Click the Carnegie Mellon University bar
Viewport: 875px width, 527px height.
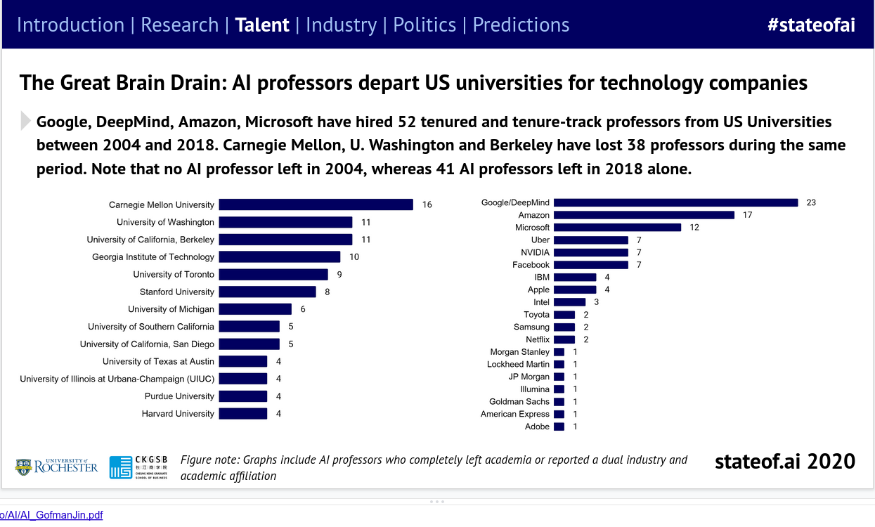coord(316,204)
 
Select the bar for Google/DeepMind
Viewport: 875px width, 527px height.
coord(675,202)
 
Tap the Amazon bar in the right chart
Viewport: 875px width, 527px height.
coord(644,215)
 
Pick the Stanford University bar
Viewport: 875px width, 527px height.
coord(267,292)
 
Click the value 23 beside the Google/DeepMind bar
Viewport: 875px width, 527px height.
coord(811,202)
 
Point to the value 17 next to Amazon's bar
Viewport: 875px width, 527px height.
coord(747,215)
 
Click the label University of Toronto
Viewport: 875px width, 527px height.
coord(174,274)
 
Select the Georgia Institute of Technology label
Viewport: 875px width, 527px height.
coord(153,257)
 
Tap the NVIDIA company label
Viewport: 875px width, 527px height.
coord(535,252)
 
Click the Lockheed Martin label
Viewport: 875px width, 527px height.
coord(518,365)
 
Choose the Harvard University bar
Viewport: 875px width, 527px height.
coord(243,414)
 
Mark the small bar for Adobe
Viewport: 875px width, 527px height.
coord(559,427)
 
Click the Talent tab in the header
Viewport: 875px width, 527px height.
coord(262,25)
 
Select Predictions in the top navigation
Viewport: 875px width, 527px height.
coord(521,25)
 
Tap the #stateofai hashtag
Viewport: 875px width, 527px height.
coord(811,25)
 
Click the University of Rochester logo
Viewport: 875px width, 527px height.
coord(56,466)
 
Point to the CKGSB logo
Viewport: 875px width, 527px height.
coord(139,467)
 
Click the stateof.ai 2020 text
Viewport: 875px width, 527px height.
coord(784,462)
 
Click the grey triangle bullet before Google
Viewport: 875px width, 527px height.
coord(26,122)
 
